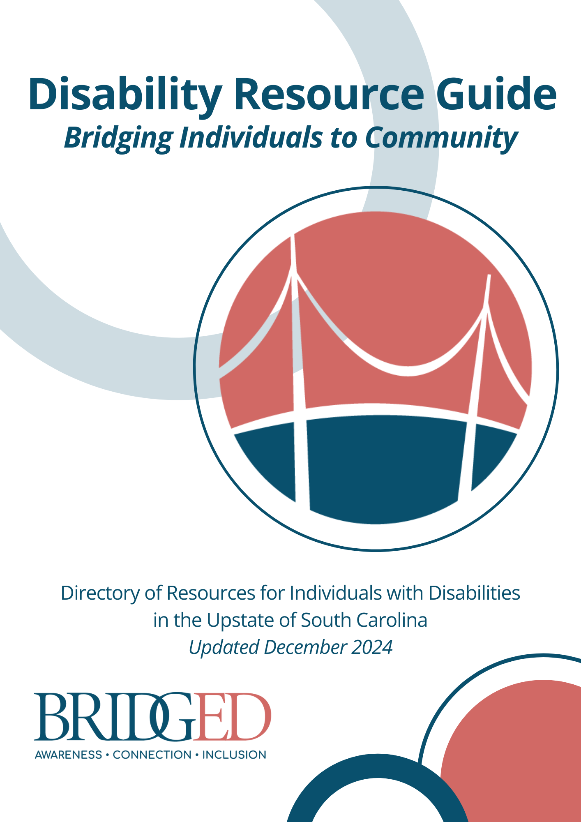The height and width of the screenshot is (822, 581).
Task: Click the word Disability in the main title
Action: [125, 95]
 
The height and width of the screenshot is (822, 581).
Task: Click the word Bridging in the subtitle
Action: [119, 138]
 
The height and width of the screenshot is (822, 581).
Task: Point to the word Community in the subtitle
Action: [441, 138]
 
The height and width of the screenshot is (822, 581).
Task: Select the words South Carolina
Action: [364, 620]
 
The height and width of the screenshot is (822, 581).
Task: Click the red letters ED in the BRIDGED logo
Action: [232, 717]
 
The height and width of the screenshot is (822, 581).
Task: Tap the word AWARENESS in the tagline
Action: [68, 755]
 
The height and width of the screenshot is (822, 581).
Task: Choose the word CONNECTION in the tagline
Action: [152, 755]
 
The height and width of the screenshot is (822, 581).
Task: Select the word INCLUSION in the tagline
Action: [234, 755]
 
